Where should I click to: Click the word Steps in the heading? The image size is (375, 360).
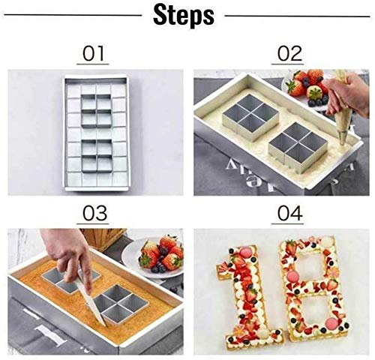[x=184, y=16]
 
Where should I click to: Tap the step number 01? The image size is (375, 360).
[x=93, y=54]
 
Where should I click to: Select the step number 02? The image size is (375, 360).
[x=289, y=54]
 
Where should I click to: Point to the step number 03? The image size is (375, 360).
[x=94, y=213]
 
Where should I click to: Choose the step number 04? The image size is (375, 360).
[x=290, y=213]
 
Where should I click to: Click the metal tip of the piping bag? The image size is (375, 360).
[x=343, y=139]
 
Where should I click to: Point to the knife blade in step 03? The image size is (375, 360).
[x=92, y=302]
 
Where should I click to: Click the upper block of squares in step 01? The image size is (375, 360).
[x=96, y=111]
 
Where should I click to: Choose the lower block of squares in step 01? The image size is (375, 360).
[x=97, y=156]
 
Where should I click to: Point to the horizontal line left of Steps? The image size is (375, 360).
[x=73, y=15]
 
